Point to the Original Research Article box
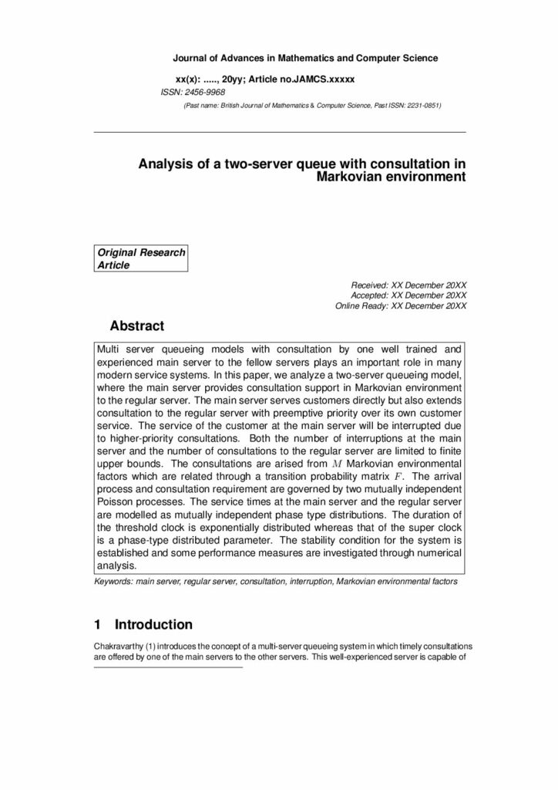click(x=141, y=259)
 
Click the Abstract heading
click(x=137, y=326)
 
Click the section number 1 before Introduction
click(x=97, y=624)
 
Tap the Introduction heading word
click(x=153, y=624)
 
